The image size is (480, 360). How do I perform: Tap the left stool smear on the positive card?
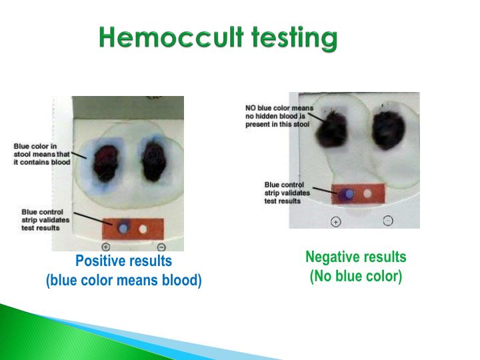coord(105,162)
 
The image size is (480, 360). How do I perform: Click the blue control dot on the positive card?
coord(123,227)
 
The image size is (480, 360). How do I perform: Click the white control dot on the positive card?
coord(142,228)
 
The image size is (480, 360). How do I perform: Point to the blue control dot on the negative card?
coord(347,194)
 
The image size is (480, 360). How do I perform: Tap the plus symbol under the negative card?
coord(336,222)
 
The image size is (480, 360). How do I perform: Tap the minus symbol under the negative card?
coord(388,221)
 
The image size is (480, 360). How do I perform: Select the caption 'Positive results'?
coord(123,261)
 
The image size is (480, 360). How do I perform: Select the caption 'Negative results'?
coord(355,257)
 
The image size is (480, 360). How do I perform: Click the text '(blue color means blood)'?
coord(123,281)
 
